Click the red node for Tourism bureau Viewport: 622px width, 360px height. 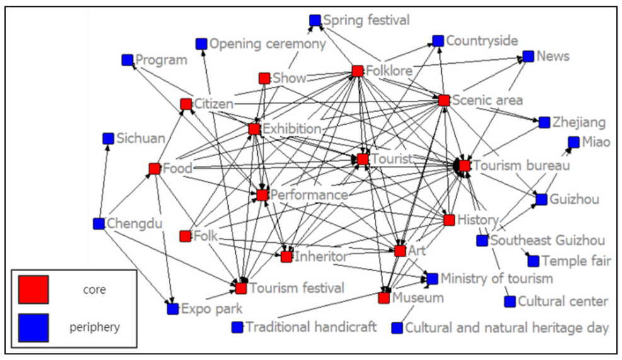tap(464, 165)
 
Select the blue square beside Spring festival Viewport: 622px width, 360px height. tap(315, 20)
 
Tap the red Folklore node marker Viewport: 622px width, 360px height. tap(357, 71)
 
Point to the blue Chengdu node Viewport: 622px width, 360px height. tap(98, 223)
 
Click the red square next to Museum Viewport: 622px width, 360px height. tap(384, 298)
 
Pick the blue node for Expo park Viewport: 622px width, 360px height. tap(173, 308)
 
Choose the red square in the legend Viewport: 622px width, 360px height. tap(33, 290)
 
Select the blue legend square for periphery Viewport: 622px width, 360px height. tap(33, 327)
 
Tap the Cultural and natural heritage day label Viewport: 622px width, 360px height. tap(507, 328)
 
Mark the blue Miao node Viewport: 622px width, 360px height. tap(573, 142)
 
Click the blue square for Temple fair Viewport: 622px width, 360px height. tap(533, 261)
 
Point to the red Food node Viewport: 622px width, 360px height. tap(154, 168)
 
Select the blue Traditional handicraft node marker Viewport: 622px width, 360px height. tap(237, 327)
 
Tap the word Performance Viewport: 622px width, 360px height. tap(309, 195)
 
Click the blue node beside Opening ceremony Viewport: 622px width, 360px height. tap(201, 44)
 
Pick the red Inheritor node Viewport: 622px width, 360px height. tap(287, 257)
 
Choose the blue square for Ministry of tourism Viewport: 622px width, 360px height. tap(432, 279)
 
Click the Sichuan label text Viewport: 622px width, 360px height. tap(141, 138)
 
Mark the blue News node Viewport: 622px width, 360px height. tap(528, 56)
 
